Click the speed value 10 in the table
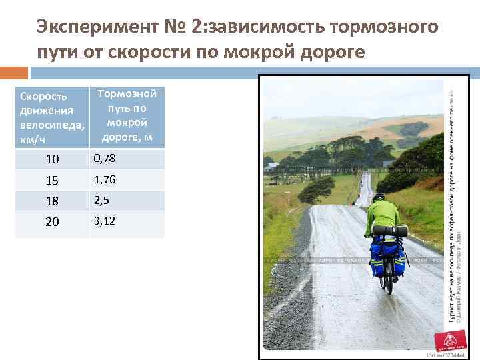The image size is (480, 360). click(52, 159)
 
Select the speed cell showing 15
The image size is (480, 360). click(52, 181)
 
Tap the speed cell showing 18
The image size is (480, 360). click(52, 201)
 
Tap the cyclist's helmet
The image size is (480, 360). click(379, 197)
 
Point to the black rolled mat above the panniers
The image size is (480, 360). click(389, 231)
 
